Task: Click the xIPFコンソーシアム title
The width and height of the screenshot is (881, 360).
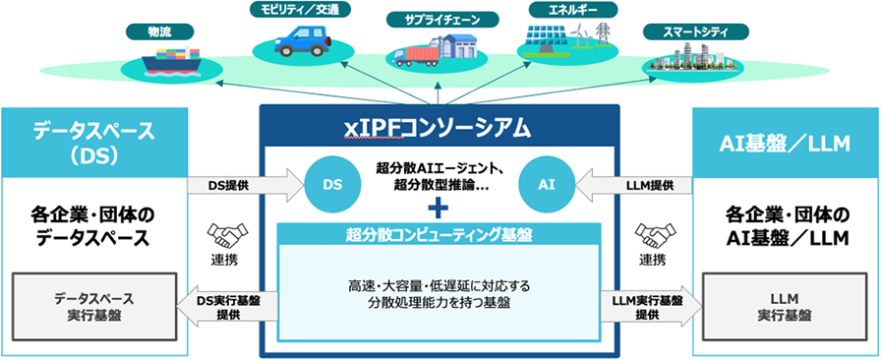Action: pos(438,128)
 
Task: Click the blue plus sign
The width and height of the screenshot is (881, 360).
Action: pos(439,208)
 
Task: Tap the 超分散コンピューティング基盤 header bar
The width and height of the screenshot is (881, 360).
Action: pos(439,235)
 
